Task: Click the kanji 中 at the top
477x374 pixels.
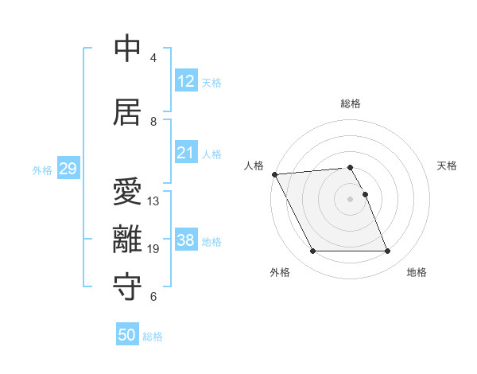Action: click(x=127, y=49)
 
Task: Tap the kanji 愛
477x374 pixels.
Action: click(x=127, y=192)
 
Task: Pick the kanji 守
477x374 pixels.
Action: click(x=127, y=287)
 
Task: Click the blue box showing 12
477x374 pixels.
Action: click(x=186, y=81)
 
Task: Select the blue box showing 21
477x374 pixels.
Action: click(x=186, y=153)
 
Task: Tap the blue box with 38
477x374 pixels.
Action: click(x=186, y=240)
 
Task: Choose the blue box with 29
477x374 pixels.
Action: click(x=68, y=169)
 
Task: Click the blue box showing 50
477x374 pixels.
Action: click(x=127, y=335)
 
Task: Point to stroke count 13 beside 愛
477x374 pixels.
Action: click(x=153, y=201)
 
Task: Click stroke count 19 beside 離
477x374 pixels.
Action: click(x=153, y=249)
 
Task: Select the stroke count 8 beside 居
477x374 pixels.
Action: click(x=153, y=122)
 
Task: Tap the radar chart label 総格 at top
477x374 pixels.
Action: click(x=351, y=103)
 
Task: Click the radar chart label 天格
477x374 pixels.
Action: click(x=447, y=166)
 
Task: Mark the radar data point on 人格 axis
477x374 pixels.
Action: click(x=274, y=174)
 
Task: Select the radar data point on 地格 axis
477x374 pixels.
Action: click(x=387, y=251)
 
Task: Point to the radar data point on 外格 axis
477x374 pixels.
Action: click(x=312, y=251)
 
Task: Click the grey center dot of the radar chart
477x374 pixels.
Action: click(x=351, y=199)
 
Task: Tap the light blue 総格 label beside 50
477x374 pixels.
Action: click(x=153, y=337)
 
